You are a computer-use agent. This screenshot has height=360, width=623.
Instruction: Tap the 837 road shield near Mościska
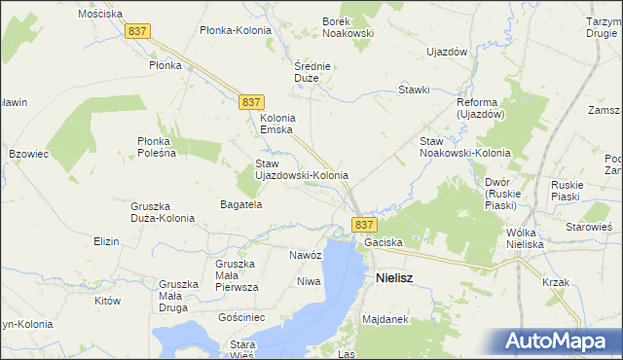[137, 32]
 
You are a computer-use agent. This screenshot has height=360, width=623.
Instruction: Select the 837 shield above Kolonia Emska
[250, 102]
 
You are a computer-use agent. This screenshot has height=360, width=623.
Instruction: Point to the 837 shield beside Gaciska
[364, 224]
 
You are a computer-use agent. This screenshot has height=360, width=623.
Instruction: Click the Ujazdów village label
[448, 51]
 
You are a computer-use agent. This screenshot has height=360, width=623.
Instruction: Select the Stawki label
[414, 90]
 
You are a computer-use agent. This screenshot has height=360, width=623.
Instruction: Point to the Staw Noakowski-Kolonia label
[464, 148]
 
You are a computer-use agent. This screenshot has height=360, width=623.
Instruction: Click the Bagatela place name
[242, 205]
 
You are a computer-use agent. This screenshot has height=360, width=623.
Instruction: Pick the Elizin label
[105, 240]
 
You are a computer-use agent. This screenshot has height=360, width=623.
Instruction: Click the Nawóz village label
[305, 255]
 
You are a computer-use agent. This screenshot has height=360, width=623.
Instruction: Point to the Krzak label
[557, 282]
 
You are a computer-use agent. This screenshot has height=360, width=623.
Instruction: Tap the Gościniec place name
[242, 318]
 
